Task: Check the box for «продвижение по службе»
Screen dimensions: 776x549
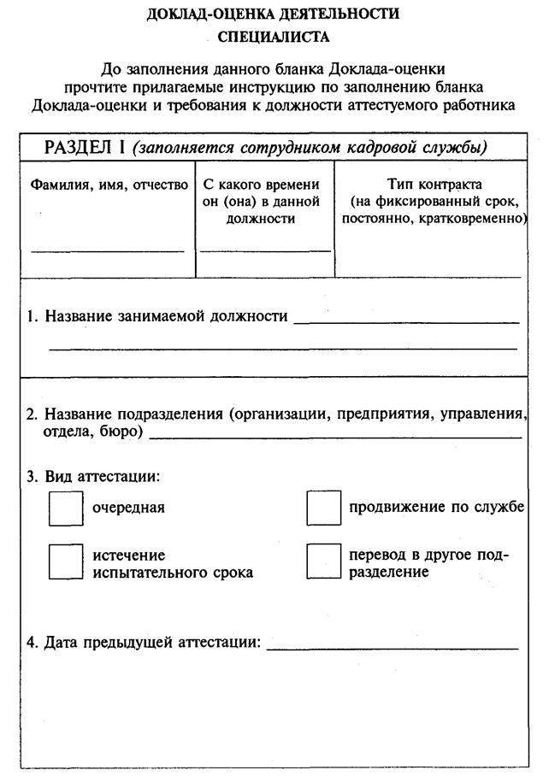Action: (x=323, y=509)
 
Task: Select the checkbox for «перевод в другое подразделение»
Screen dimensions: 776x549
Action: (x=323, y=561)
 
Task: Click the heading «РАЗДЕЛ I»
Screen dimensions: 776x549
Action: (x=85, y=147)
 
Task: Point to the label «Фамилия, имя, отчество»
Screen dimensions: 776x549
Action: (x=109, y=185)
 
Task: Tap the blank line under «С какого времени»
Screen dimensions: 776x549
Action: (x=265, y=250)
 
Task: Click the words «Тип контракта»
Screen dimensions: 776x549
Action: (x=434, y=185)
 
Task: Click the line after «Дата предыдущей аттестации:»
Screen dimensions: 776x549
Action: (x=393, y=649)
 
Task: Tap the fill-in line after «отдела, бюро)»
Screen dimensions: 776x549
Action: (x=335, y=437)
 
